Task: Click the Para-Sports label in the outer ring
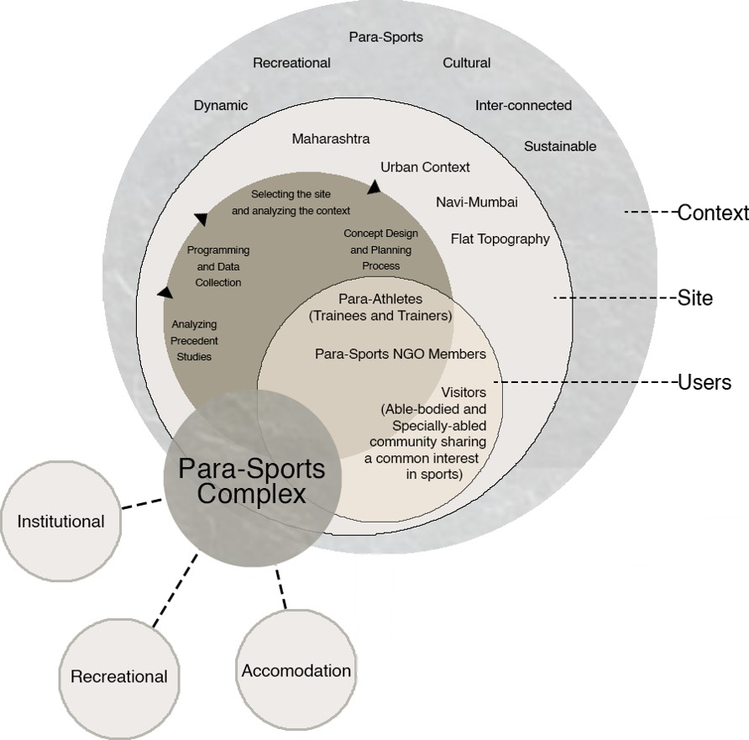pos(385,37)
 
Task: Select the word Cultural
pos(467,63)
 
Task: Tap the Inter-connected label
pos(523,106)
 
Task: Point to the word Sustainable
pos(560,146)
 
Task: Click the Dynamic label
pos(221,106)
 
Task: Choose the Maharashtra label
pos(331,139)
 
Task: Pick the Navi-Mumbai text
pos(477,202)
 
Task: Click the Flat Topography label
pos(500,239)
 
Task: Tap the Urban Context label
pos(425,167)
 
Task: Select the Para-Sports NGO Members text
pos(400,354)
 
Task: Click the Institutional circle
pos(61,522)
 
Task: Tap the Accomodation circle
pos(296,670)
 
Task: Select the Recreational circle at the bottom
pos(119,677)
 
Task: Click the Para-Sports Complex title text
pos(251,480)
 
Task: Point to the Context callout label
pos(712,213)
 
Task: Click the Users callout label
pos(704,383)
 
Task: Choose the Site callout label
pos(695,298)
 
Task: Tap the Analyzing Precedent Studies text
pos(195,340)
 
